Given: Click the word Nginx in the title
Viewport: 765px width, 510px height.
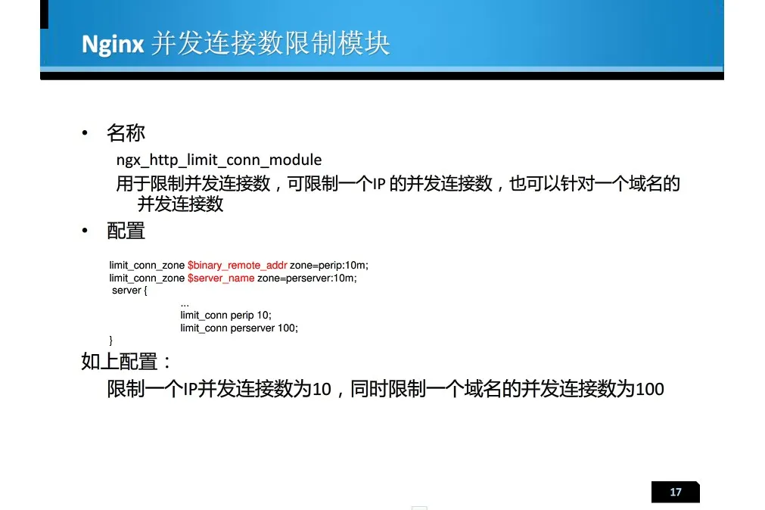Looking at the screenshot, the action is pyautogui.click(x=113, y=45).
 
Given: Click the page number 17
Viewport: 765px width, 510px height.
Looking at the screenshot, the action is pyautogui.click(x=675, y=492).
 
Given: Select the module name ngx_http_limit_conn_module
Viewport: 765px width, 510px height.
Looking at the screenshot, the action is pyautogui.click(x=219, y=160).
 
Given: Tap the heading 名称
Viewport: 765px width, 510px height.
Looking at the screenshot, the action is pyautogui.click(x=126, y=132).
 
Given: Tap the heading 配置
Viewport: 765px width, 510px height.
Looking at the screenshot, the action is pyautogui.click(x=126, y=231).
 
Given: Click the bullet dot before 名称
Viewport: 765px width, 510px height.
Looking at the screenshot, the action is pyautogui.click(x=85, y=132).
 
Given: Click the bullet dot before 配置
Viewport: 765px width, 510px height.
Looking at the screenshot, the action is pyautogui.click(x=85, y=230).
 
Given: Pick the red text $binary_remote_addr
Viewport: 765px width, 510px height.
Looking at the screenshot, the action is pyautogui.click(x=237, y=266).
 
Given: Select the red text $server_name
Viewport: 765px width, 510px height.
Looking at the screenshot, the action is pyautogui.click(x=220, y=278).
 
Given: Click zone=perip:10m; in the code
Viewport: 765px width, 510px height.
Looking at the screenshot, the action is pyautogui.click(x=329, y=266).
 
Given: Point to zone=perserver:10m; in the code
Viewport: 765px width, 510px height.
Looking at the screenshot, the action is pyautogui.click(x=307, y=278).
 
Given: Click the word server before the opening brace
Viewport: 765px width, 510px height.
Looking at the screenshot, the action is pyautogui.click(x=126, y=291).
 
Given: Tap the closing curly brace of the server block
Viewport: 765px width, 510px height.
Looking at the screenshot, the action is pyautogui.click(x=110, y=341).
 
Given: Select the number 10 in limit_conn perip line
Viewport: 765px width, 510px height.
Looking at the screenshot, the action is pyautogui.click(x=263, y=316).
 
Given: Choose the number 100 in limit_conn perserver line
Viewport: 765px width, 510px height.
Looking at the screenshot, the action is pyautogui.click(x=288, y=328).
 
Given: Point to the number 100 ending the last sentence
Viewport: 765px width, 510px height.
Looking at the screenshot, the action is pyautogui.click(x=650, y=390).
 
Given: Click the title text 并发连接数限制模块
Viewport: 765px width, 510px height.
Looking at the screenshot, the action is pyautogui.click(x=270, y=43).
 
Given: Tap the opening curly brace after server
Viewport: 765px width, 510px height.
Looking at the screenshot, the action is pyautogui.click(x=145, y=291).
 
